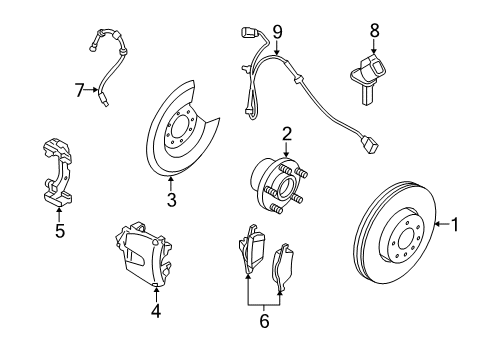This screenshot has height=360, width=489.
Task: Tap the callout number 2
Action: [286, 133]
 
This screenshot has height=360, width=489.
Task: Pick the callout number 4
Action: [155, 310]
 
